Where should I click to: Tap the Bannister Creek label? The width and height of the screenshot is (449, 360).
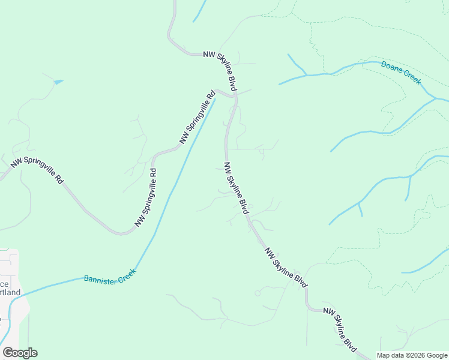point(110,275)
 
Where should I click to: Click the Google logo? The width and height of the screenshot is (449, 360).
point(20,353)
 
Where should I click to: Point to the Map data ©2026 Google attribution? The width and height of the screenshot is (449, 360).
point(412,355)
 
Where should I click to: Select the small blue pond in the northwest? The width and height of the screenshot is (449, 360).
point(58,82)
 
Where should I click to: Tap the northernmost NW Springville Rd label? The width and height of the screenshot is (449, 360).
point(197,117)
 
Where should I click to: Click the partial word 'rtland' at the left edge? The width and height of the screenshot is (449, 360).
point(10,292)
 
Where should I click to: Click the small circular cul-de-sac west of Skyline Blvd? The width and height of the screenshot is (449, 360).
point(258,293)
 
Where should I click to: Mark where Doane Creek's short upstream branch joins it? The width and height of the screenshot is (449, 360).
point(307,74)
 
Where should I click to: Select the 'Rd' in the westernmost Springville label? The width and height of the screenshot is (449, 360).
point(59,179)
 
